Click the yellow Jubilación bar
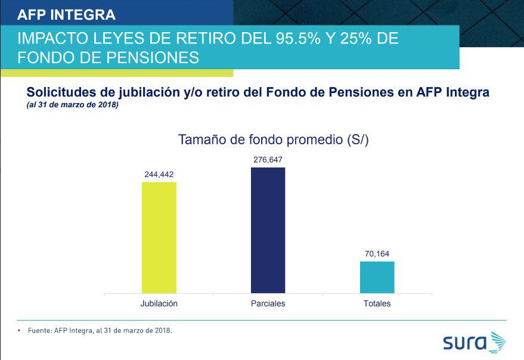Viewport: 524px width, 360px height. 159,237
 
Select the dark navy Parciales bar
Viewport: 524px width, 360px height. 268,230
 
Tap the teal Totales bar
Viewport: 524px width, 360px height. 377,277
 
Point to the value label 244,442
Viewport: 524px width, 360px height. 159,175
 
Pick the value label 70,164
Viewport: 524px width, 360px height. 377,254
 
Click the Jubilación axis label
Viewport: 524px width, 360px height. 159,303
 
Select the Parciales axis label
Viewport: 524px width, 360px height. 268,303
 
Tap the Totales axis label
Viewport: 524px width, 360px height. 377,303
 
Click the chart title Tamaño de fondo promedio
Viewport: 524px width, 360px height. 274,140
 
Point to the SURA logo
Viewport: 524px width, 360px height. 474,343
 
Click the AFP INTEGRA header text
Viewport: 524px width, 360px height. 67,14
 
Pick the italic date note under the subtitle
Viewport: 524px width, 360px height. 72,105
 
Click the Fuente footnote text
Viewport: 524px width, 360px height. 100,330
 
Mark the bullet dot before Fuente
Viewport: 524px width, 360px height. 20,330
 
